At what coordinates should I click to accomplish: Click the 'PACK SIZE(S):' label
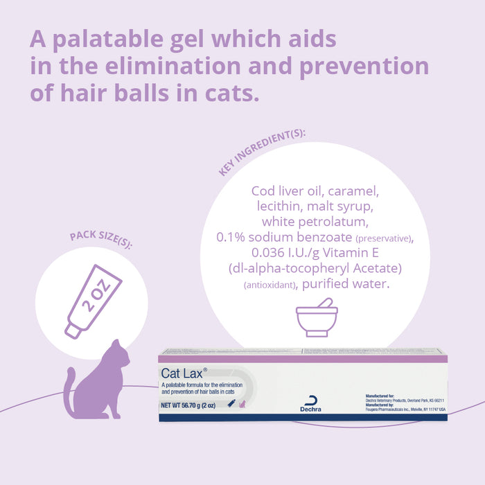coord(101,240)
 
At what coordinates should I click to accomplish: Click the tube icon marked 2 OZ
coord(94,301)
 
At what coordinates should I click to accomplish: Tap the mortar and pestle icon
coord(317,319)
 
